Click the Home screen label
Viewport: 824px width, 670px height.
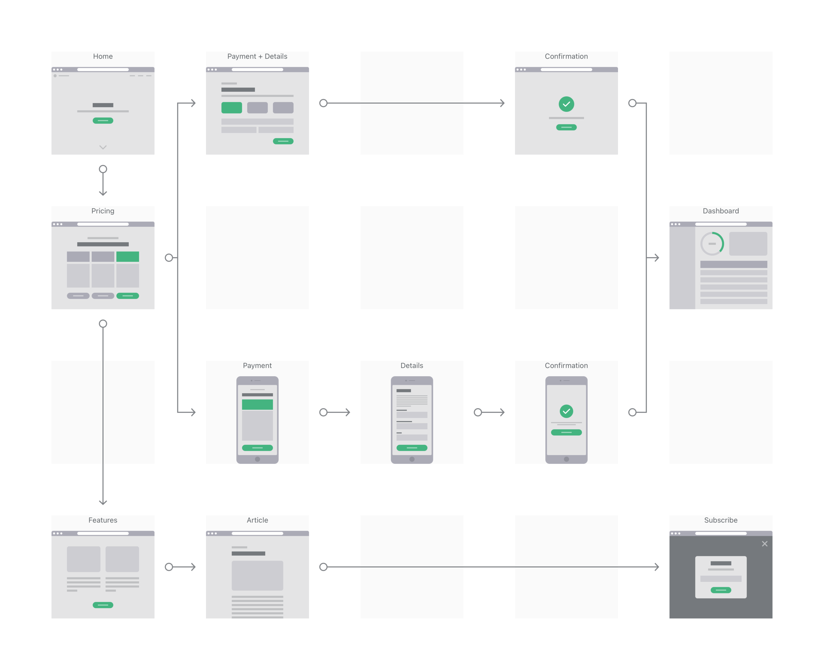[x=103, y=56]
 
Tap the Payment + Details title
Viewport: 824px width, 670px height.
[x=257, y=56]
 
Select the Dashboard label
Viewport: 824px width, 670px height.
[x=720, y=211]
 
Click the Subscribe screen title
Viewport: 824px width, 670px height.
[x=720, y=520]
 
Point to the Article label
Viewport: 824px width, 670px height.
[x=257, y=520]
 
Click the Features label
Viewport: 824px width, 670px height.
[x=103, y=520]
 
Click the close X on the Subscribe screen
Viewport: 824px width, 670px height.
[x=764, y=543]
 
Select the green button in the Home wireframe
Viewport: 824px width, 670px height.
[x=103, y=120]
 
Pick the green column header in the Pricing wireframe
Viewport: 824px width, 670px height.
[x=128, y=257]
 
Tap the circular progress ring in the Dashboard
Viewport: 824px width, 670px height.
[x=712, y=243]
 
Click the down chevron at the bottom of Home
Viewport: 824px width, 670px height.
[x=103, y=147]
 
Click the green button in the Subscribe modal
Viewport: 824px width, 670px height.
[x=720, y=590]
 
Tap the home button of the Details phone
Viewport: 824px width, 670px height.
[x=411, y=459]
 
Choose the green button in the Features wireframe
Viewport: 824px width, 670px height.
[x=103, y=605]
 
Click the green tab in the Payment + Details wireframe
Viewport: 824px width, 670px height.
[x=231, y=108]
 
